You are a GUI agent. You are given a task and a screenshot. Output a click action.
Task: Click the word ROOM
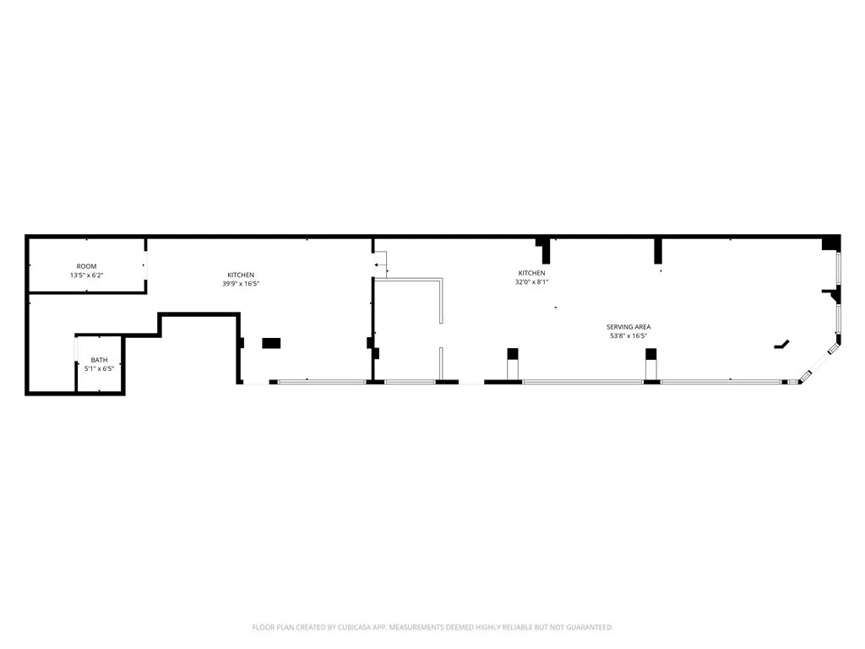click(x=86, y=266)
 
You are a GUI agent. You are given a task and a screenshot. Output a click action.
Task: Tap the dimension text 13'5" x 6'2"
click(x=86, y=275)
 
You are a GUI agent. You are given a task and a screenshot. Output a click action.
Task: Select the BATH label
click(x=100, y=360)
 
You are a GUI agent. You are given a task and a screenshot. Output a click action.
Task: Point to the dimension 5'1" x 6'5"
click(x=100, y=369)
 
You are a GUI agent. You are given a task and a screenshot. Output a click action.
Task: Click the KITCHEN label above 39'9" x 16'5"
click(x=241, y=275)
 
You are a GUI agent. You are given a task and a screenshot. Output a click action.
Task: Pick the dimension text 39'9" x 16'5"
click(x=241, y=284)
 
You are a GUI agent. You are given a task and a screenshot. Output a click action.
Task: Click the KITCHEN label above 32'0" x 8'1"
click(x=531, y=273)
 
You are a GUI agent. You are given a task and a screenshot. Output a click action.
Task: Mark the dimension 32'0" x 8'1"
click(x=531, y=282)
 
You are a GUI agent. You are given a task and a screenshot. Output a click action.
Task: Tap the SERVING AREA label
click(x=628, y=327)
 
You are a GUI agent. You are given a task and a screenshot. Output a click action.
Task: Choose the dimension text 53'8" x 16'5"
click(x=628, y=336)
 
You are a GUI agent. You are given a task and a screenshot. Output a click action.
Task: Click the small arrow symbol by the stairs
click(x=377, y=265)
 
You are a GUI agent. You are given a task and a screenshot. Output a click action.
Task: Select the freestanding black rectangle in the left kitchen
click(x=271, y=343)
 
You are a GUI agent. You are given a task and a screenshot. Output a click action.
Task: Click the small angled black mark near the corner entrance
click(x=781, y=345)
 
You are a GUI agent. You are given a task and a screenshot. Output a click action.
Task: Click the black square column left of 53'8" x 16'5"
click(x=512, y=353)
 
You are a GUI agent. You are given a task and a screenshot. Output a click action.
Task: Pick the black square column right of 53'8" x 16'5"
click(x=651, y=353)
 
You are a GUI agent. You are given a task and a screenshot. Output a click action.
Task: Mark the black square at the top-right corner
click(x=831, y=243)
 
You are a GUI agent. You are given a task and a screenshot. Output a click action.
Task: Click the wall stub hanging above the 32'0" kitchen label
click(x=545, y=249)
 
